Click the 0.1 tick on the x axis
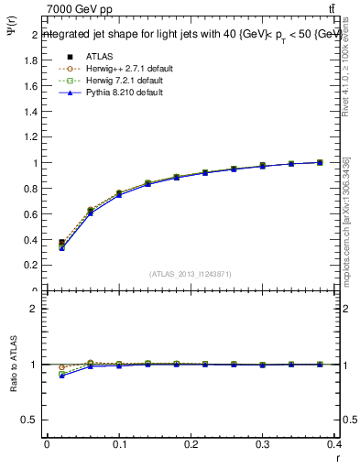point(119,448)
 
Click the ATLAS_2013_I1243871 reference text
point(190,274)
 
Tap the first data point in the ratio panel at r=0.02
point(62,374)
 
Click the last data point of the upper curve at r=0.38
point(320,162)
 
